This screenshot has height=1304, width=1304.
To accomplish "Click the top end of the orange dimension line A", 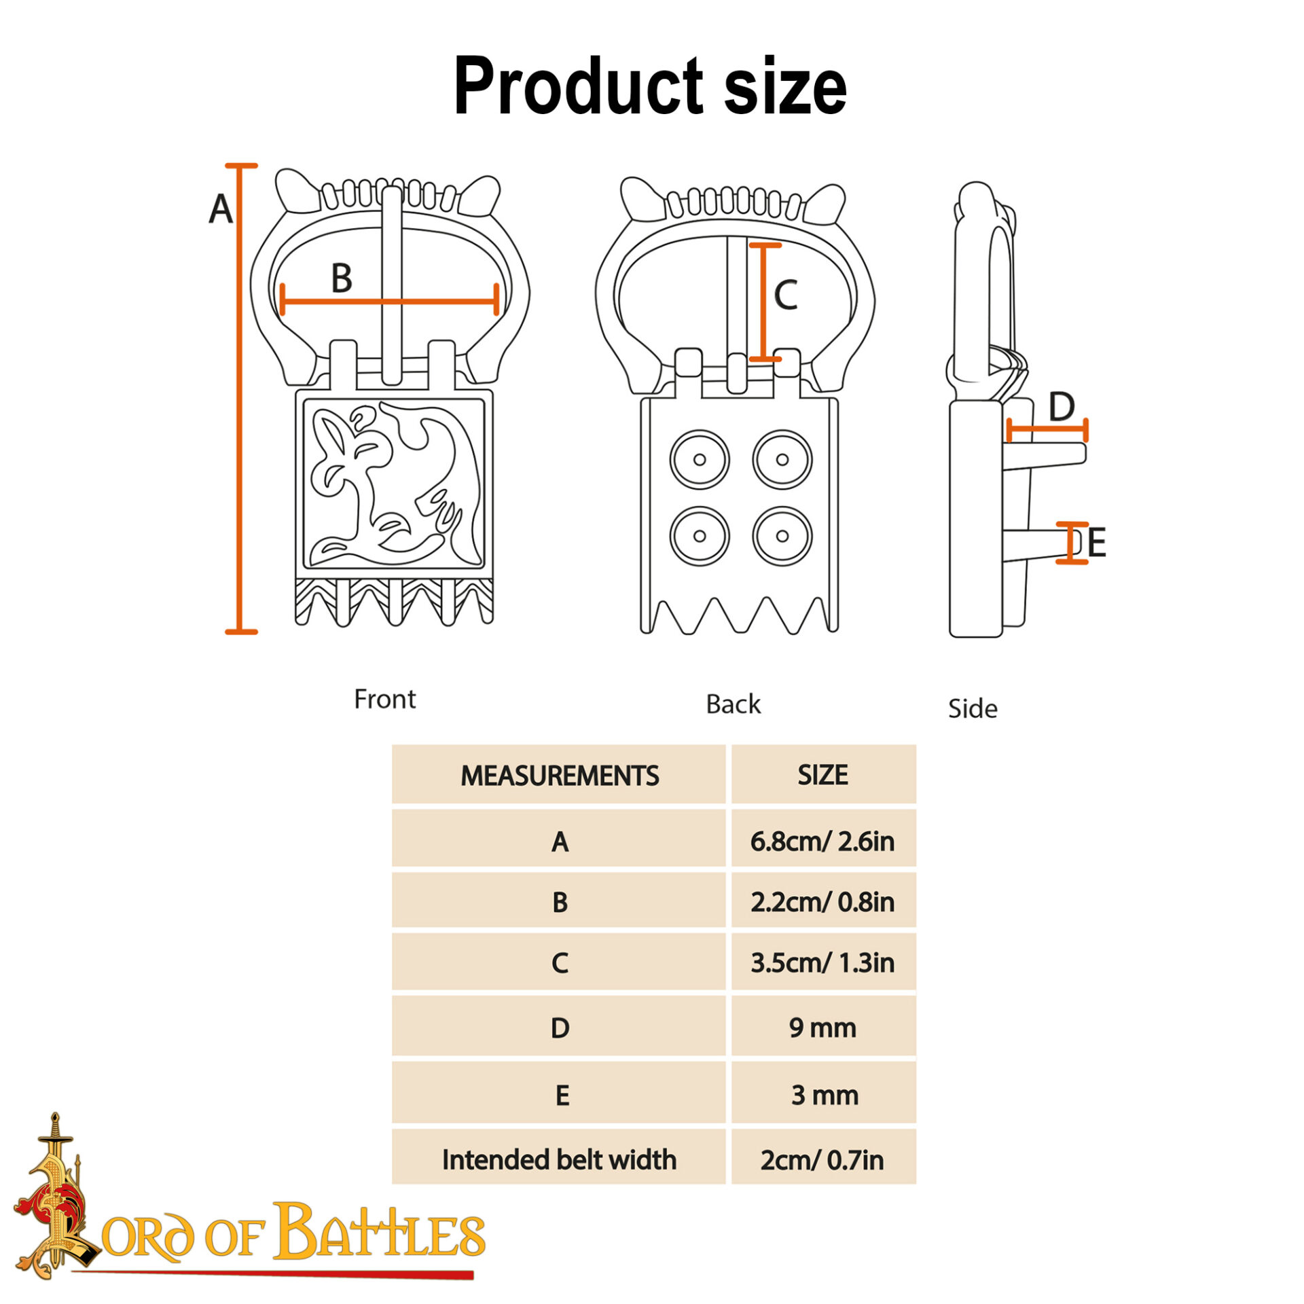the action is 240,166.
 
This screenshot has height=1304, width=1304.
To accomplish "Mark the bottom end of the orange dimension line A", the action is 240,632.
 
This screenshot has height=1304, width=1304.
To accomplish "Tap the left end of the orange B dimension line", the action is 282,300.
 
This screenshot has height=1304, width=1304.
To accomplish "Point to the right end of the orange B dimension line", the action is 498,300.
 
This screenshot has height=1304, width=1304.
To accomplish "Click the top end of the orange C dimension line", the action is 765,245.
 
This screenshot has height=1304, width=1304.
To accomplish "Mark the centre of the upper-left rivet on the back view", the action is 700,460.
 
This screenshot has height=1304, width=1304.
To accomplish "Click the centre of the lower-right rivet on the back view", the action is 782,537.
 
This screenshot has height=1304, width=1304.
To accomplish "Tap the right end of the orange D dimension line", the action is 1086,431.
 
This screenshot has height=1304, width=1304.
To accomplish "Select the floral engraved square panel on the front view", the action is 394,484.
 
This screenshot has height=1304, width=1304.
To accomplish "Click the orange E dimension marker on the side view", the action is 1072,543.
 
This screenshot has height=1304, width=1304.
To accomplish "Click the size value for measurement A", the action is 822,841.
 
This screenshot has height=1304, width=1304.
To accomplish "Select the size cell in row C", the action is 823,962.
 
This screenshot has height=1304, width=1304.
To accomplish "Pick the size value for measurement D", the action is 822,1028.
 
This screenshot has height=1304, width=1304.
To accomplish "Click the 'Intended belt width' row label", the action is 559,1159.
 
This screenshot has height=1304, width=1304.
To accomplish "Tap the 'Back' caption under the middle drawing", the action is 733,704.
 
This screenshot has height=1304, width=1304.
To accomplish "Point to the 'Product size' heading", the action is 650,86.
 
